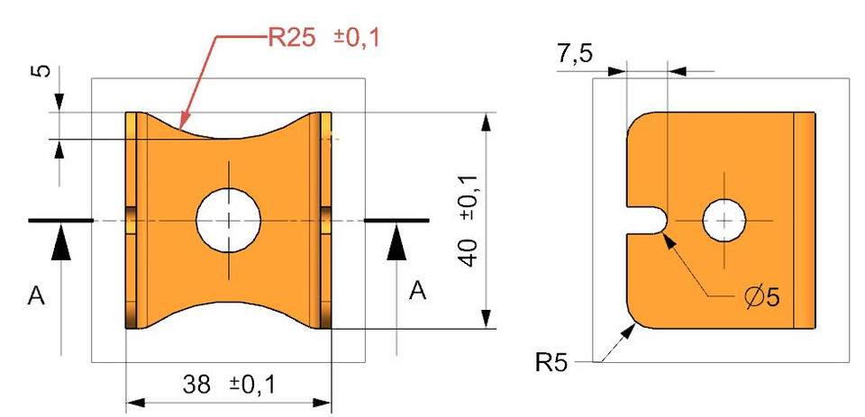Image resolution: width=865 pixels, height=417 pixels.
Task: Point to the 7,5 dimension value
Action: tap(575, 55)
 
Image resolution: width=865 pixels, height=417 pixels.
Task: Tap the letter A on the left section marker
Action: tap(36, 295)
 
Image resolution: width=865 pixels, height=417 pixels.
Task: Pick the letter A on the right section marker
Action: tap(418, 289)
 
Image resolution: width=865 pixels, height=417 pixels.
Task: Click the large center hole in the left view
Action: tap(229, 221)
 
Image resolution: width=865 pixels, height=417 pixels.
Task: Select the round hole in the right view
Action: tap(725, 221)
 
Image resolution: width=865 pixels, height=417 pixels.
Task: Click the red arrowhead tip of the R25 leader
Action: tap(182, 123)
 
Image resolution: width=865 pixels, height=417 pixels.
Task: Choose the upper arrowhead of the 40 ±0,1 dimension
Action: tap(486, 122)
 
